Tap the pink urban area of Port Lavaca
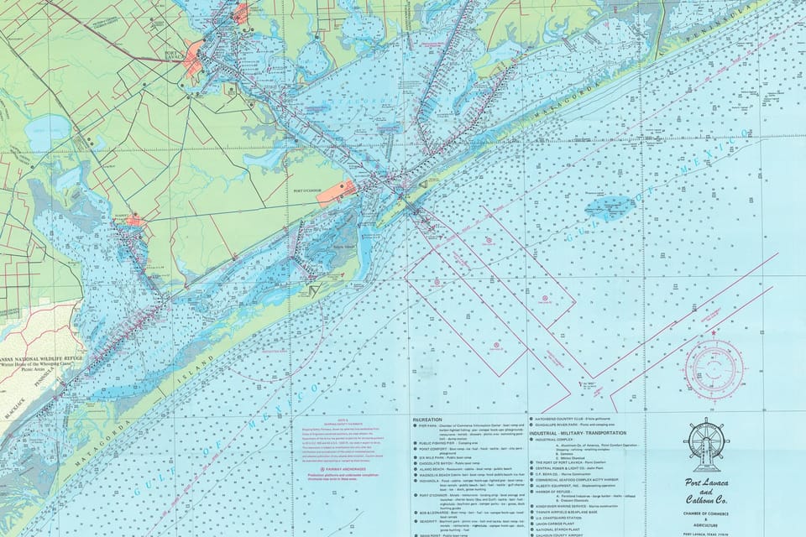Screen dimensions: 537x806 click(x=193, y=57)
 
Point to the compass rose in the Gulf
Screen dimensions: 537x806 click(x=714, y=368)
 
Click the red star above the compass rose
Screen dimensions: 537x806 click(x=714, y=333)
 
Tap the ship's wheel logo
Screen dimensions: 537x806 click(x=707, y=445)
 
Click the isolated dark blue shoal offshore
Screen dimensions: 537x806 click(x=608, y=206)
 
